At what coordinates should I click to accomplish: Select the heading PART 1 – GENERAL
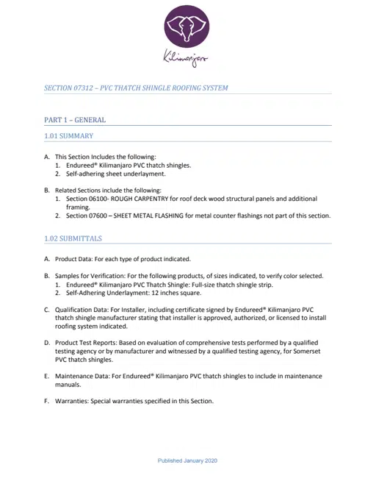coord(75,120)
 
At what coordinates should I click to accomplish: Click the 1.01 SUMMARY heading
coord(68,136)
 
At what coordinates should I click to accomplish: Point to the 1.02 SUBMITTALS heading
coord(73,239)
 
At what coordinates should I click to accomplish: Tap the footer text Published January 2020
coord(187,461)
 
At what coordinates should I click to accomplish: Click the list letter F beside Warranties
coord(46,402)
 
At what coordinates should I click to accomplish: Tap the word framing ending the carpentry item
coord(79,207)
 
